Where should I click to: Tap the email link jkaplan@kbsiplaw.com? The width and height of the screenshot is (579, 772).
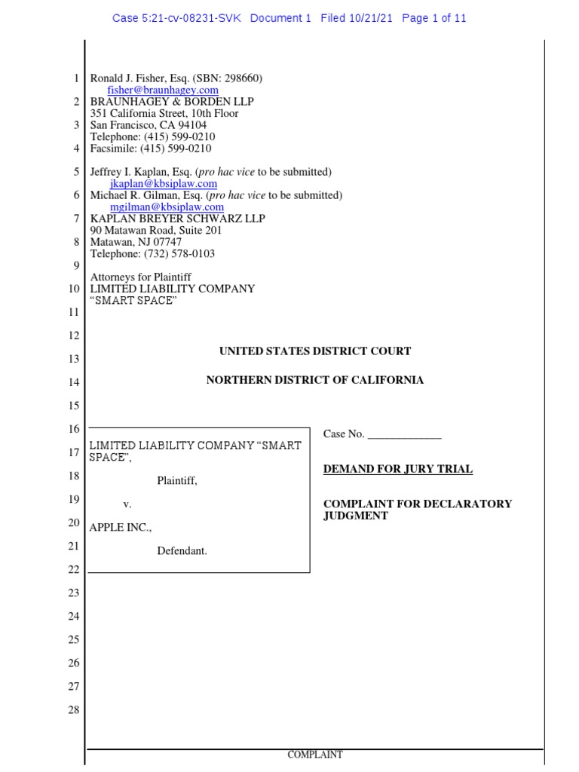coord(163,183)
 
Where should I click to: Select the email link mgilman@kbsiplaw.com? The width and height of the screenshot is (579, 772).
coord(167,207)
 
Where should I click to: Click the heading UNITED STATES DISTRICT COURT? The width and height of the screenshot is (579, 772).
coord(315,351)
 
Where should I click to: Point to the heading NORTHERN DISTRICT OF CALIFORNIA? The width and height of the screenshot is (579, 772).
coord(315,380)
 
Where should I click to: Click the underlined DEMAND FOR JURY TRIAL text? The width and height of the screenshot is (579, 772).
coord(398,469)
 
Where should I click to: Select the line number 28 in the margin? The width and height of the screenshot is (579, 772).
coord(74,710)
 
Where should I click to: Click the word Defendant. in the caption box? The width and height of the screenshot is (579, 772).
coord(182,551)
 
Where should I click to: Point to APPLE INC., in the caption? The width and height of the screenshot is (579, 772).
coord(121,528)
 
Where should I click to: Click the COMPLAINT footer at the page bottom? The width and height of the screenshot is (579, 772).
coord(315,755)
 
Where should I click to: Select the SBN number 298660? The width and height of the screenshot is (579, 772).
coord(242,79)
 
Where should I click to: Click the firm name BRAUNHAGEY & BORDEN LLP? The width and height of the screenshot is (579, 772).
coord(172,102)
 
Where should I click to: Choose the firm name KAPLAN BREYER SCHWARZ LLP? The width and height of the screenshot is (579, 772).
coord(178,219)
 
